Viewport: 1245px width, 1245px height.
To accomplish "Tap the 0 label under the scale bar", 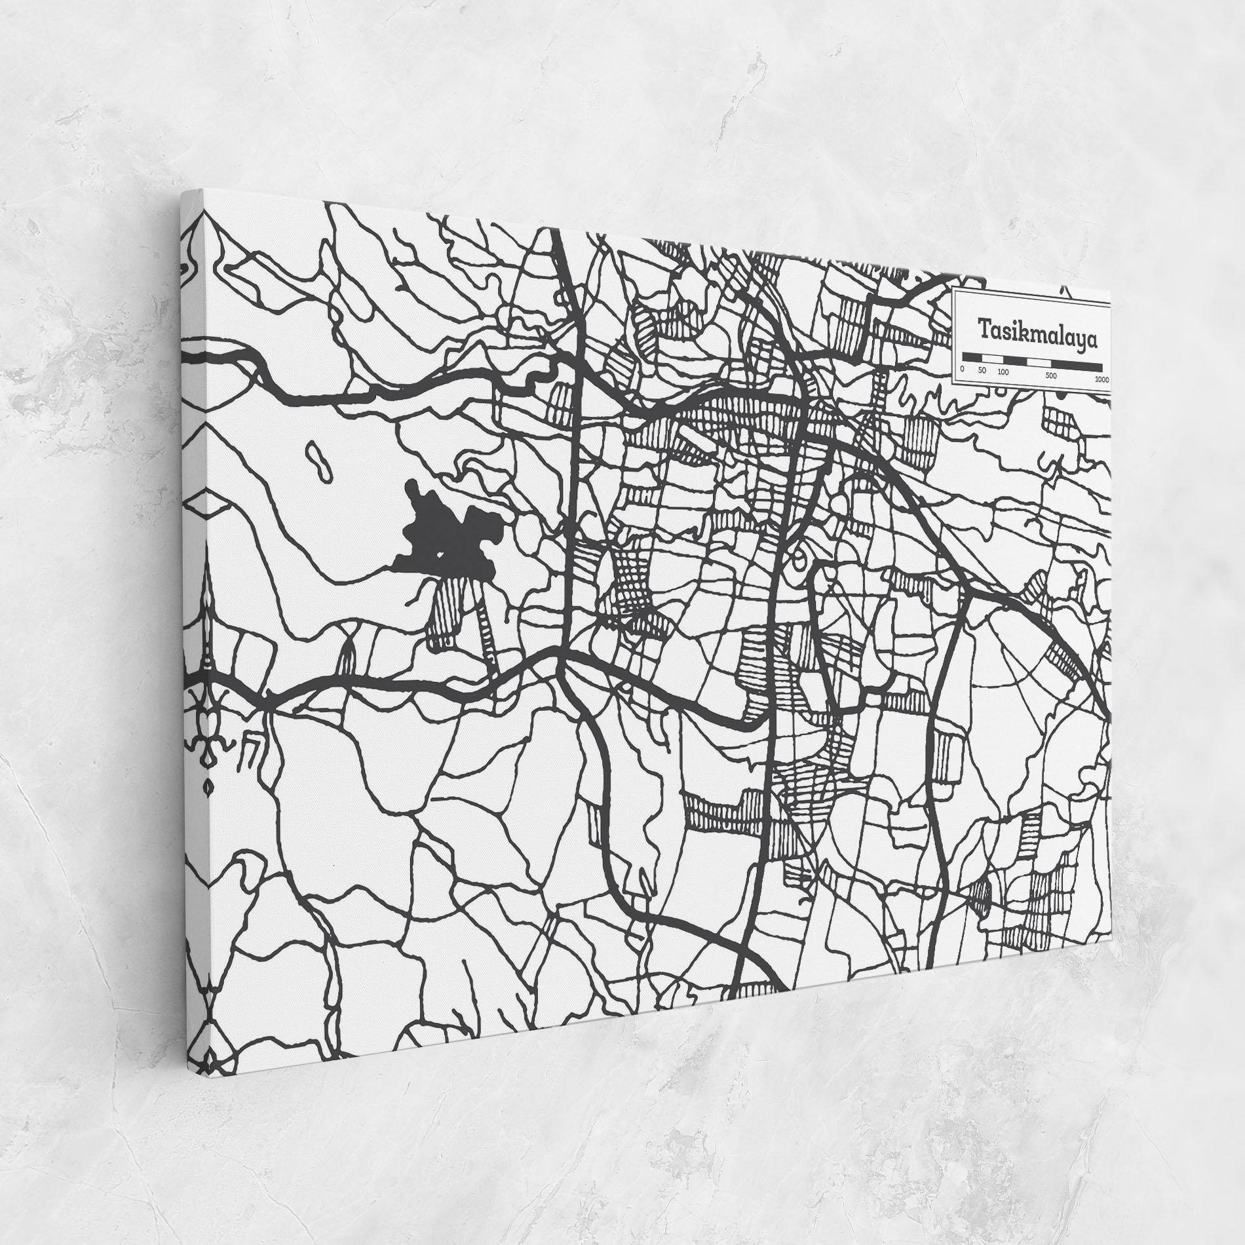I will [962, 370].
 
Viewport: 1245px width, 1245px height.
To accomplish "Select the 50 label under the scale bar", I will [981, 371].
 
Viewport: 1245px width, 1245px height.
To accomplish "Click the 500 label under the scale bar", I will [1052, 375].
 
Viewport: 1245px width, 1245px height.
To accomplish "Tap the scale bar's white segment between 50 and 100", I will [991, 358].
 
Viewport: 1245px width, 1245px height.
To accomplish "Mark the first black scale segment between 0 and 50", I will [970, 357].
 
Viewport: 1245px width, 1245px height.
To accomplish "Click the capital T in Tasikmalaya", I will [985, 325].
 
